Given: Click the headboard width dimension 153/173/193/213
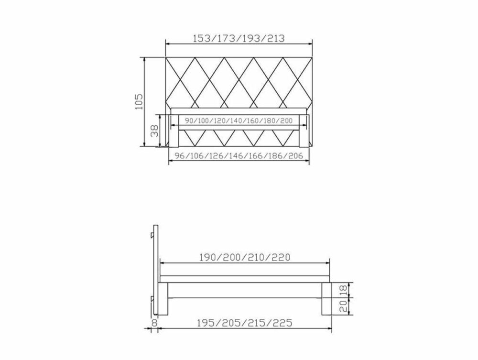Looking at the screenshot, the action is coord(239,38).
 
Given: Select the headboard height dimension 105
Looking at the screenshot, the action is coord(139,101).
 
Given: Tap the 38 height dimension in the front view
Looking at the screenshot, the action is coord(155,131).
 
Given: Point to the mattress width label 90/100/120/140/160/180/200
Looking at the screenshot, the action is coord(239,120).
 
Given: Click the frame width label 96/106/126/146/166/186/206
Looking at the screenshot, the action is coord(239,156).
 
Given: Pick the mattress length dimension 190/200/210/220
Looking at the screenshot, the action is coord(245,258).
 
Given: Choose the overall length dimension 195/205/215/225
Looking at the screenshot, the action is coord(244,323).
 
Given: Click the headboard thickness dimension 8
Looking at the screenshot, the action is coord(154,323).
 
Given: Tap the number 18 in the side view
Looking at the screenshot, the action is coord(343,290).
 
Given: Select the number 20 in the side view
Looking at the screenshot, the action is coord(343,306).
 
